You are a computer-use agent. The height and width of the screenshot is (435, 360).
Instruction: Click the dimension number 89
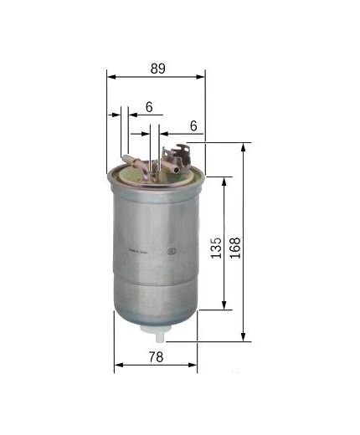click(157, 69)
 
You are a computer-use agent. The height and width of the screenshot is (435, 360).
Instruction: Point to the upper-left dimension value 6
click(148, 106)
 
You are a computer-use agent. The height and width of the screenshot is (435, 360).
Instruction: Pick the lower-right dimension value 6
click(193, 125)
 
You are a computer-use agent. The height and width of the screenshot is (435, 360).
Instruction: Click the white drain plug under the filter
click(156, 334)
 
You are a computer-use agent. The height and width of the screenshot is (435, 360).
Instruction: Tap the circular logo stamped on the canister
click(173, 248)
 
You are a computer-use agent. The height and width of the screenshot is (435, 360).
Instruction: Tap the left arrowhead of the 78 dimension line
click(117, 366)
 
